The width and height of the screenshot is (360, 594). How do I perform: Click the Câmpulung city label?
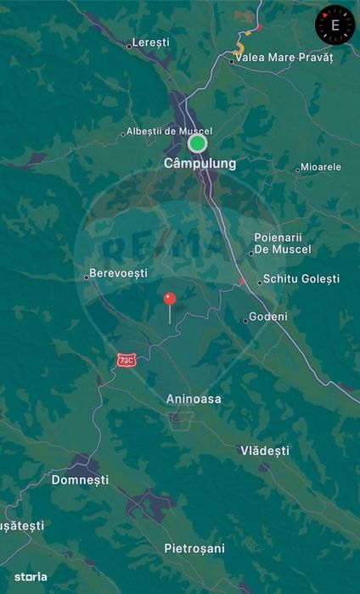(x=200, y=163)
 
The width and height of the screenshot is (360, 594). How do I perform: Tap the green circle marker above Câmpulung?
(x=198, y=143)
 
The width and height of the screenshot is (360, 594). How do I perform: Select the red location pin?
(x=170, y=300)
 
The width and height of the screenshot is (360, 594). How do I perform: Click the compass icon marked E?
(x=335, y=25)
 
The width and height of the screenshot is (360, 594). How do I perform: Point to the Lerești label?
(x=151, y=42)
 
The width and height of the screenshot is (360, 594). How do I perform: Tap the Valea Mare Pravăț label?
(x=285, y=58)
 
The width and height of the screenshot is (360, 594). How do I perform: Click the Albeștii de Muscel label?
(x=169, y=132)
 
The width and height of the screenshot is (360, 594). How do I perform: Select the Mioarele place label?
(x=321, y=167)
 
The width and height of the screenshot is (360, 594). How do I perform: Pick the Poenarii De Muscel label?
(x=283, y=244)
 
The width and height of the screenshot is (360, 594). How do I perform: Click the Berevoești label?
(x=120, y=273)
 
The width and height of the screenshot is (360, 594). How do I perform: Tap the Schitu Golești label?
(x=301, y=278)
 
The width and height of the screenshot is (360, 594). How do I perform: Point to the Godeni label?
(x=269, y=317)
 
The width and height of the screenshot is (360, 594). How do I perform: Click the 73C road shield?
(x=127, y=361)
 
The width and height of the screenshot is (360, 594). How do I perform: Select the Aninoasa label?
(x=194, y=398)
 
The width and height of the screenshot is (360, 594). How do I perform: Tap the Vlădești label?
(x=265, y=451)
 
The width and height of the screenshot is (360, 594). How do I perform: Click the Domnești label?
(x=81, y=479)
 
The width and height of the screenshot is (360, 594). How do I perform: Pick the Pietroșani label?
(x=194, y=548)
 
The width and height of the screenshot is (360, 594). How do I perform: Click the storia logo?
(x=31, y=577)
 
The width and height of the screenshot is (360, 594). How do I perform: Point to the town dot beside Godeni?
(x=245, y=321)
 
